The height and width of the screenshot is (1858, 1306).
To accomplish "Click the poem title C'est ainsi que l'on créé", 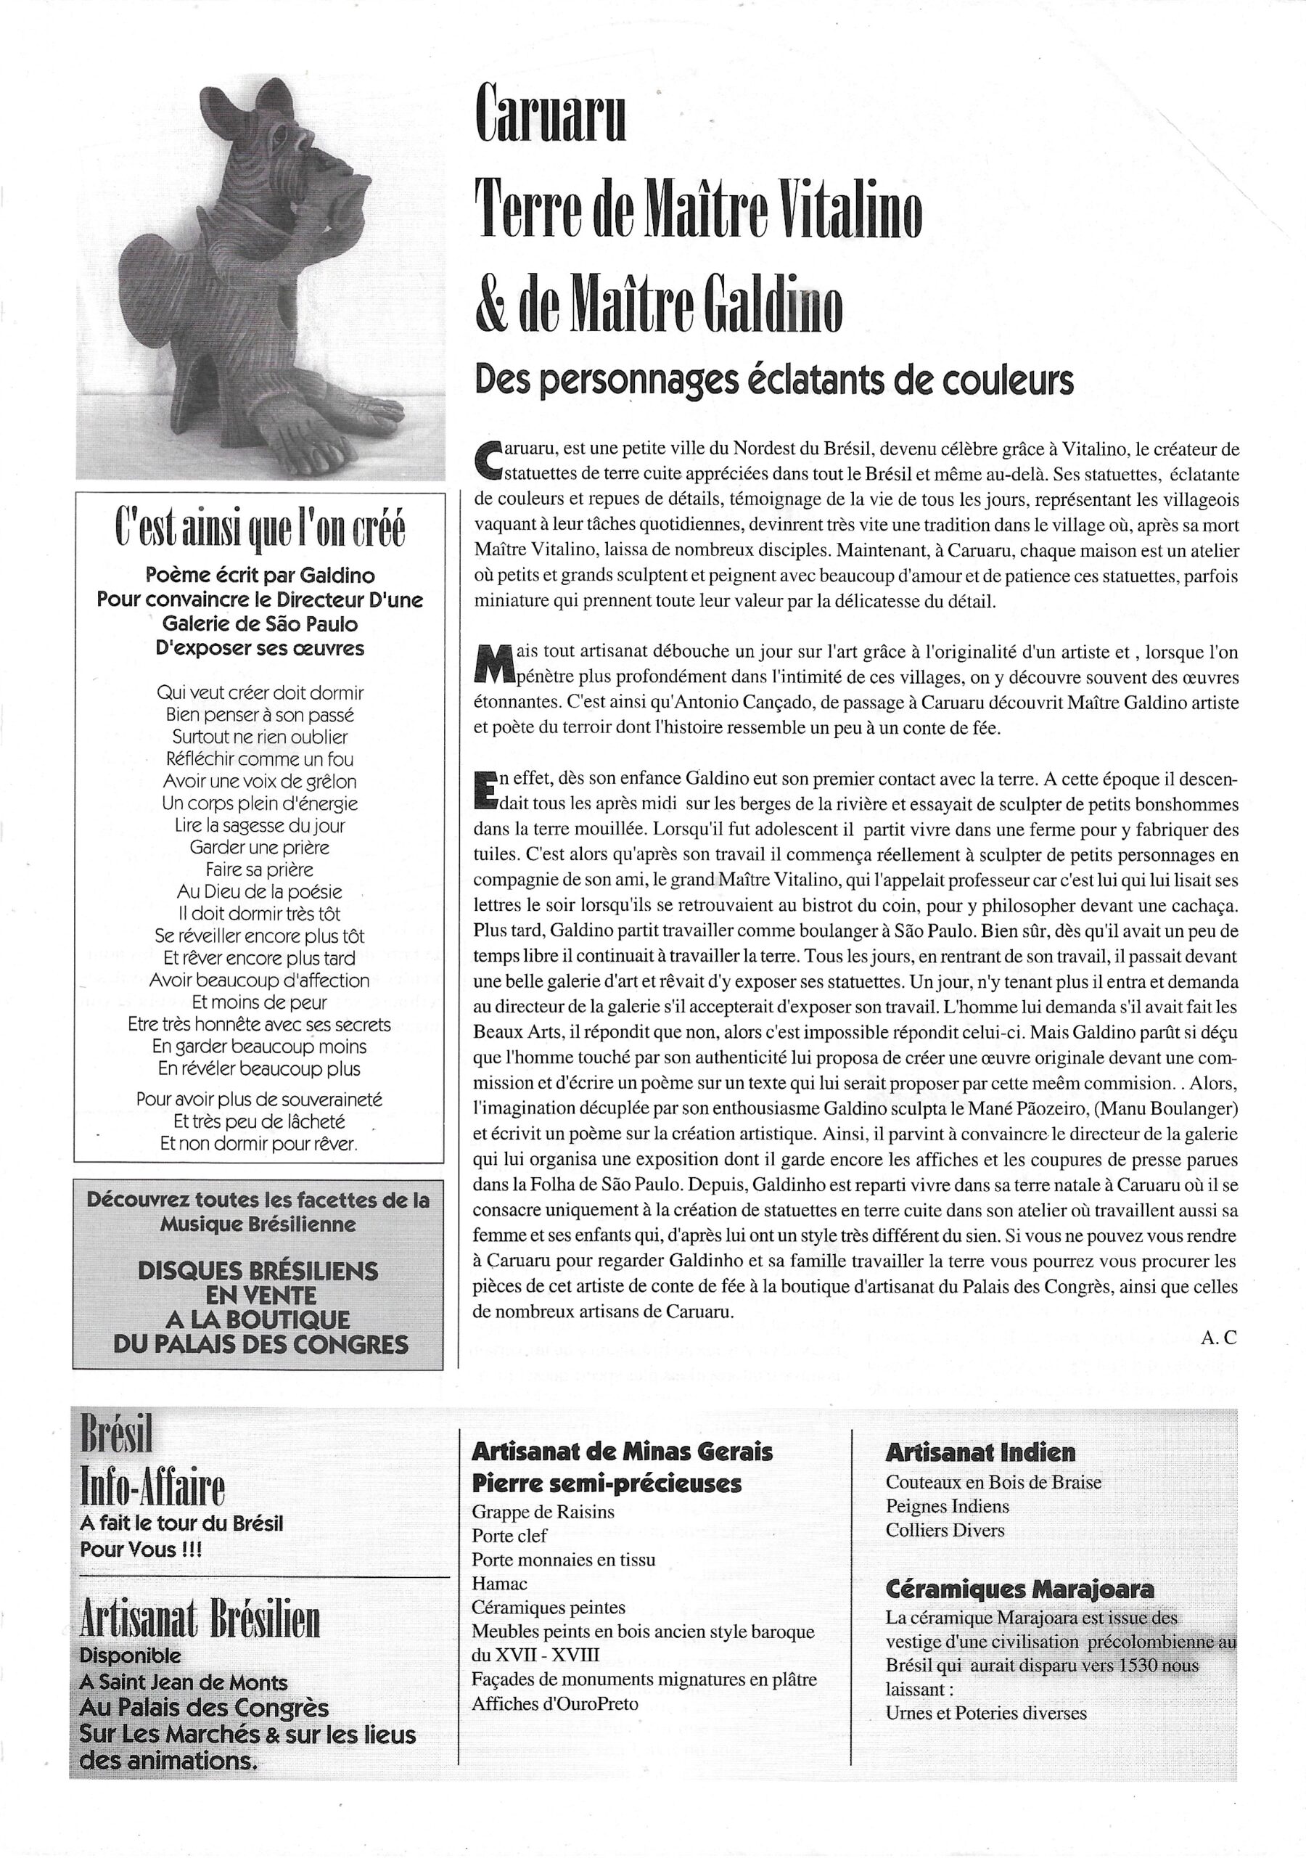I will pos(260,530).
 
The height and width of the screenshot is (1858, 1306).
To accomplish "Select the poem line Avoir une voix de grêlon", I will pos(259,782).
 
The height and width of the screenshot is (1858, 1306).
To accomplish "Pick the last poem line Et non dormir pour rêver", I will pos(259,1145).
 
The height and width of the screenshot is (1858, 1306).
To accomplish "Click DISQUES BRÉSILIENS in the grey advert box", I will pos(258,1271).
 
